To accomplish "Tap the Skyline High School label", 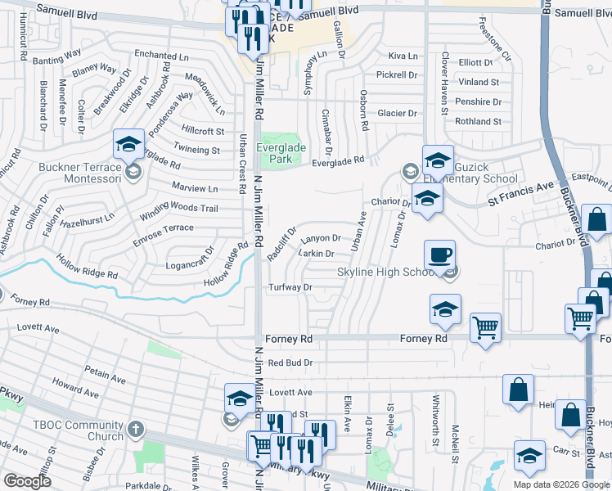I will tap(384, 272).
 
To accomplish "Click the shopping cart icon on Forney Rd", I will tap(486, 328).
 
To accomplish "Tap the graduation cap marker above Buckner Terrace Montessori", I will tap(128, 145).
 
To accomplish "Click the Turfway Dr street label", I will tap(291, 287).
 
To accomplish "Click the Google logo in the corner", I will tap(27, 481).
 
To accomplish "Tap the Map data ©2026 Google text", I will tap(562, 484).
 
